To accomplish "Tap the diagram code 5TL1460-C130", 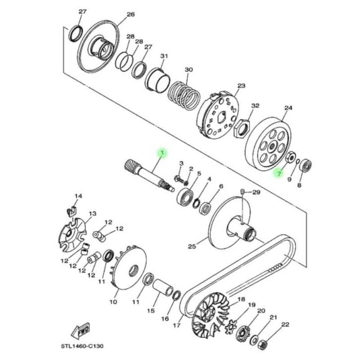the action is pyautogui.click(x=82, y=346).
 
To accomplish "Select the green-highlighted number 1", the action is pyautogui.click(x=162, y=152).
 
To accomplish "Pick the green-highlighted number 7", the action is pyautogui.click(x=279, y=173).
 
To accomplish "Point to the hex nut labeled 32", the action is pyautogui.click(x=242, y=127).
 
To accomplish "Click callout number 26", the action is pyautogui.click(x=130, y=14).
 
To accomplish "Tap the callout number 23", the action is pyautogui.click(x=241, y=86).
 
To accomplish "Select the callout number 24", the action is pyautogui.click(x=289, y=108).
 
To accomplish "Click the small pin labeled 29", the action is pyautogui.click(x=242, y=192).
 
